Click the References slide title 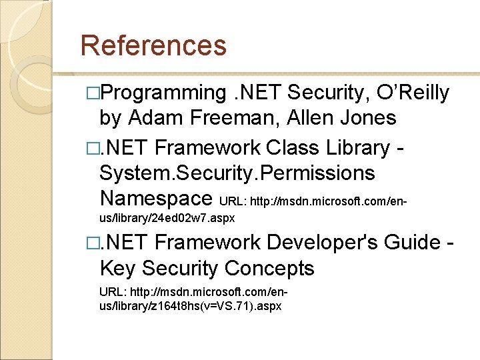click(153, 45)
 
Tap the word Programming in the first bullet click(163, 93)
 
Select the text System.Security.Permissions click(237, 173)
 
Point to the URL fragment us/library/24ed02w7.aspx click(166, 218)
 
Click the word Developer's click(330, 243)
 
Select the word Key click(117, 269)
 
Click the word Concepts click(269, 269)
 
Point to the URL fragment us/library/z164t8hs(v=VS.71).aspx click(190, 306)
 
